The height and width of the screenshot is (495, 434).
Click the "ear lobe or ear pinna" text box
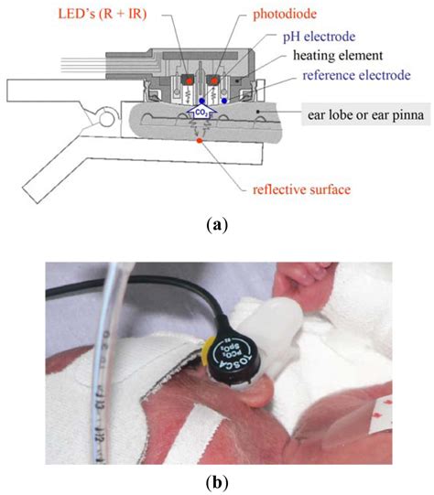[362, 115]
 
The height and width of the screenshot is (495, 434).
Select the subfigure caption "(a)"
[216, 226]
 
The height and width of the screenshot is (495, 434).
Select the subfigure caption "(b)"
[216, 481]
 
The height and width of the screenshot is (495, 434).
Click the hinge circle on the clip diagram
[103, 114]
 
